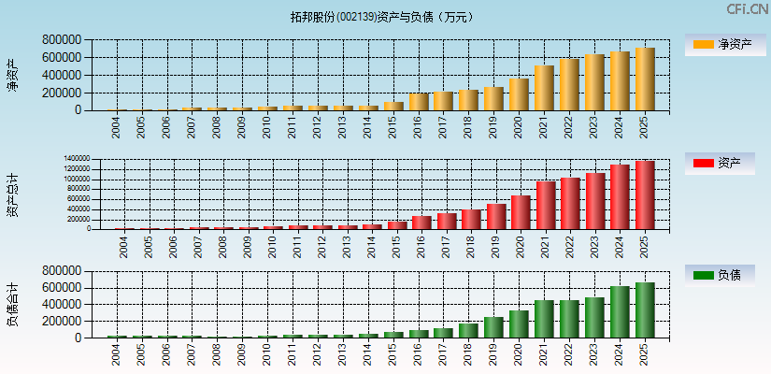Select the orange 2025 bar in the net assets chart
(645, 79)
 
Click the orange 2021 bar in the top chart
(544, 88)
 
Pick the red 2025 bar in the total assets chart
(645, 194)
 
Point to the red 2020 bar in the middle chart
(521, 212)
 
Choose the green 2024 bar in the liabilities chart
(620, 312)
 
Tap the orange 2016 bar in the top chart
(418, 102)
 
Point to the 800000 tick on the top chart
(61, 40)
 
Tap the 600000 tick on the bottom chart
(61, 287)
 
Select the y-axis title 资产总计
(13, 194)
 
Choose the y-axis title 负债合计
(13, 304)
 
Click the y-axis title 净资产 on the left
(13, 75)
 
